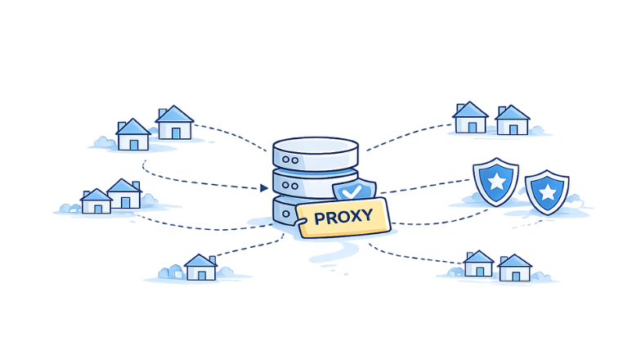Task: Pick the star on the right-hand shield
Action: (546, 191)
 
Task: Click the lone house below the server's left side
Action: (200, 267)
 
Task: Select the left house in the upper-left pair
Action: (133, 135)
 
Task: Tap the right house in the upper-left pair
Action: (174, 124)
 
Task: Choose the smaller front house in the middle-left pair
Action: (97, 201)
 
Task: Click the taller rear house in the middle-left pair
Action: (124, 194)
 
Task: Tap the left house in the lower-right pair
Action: (478, 263)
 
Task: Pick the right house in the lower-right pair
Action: (514, 268)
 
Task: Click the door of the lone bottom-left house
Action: (200, 274)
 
